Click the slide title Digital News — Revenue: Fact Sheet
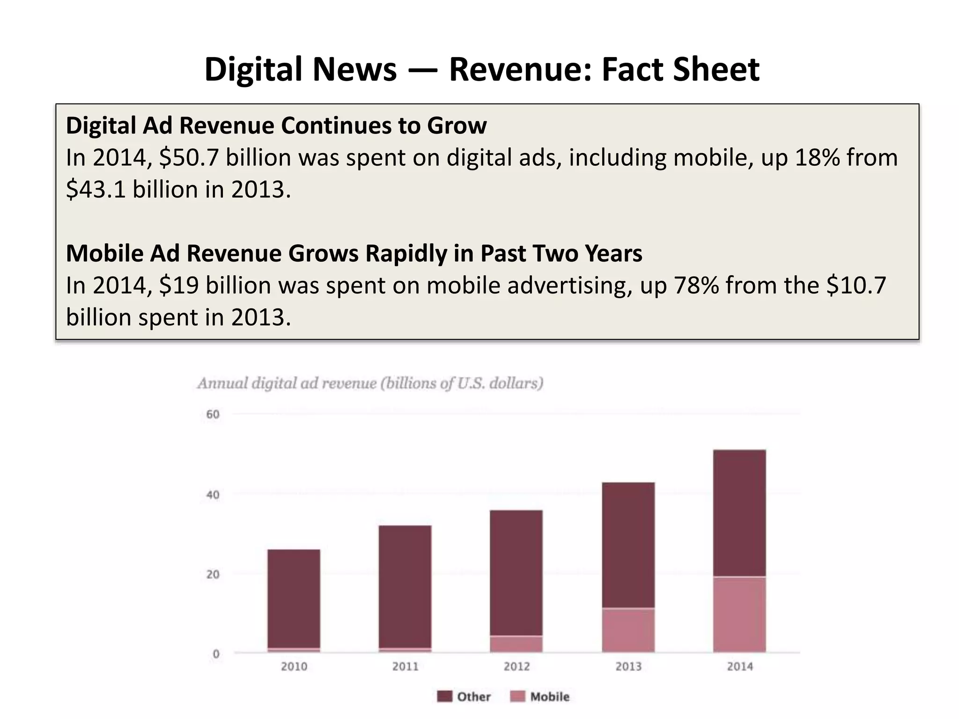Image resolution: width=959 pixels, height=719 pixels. (481, 69)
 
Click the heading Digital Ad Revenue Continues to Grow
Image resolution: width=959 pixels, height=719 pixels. (276, 125)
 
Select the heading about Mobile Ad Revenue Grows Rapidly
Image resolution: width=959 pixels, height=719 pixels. (354, 253)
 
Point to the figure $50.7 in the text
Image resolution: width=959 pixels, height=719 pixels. (189, 157)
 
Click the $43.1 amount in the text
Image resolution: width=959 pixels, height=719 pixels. (96, 190)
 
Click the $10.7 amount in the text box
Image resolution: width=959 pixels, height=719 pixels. (856, 285)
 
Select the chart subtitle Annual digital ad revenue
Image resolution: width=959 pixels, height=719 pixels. (370, 383)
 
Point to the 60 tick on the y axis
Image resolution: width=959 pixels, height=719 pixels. (213, 414)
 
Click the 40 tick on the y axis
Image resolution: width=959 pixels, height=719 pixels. (213, 495)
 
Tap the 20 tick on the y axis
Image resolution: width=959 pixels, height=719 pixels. (213, 574)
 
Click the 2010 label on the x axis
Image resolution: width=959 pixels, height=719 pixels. (294, 666)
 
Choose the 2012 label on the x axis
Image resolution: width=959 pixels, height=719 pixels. (516, 666)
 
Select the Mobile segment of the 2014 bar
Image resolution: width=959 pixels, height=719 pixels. (739, 614)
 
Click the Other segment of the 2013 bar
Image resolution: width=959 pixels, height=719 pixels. (628, 545)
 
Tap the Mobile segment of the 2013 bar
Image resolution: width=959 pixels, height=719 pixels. (628, 630)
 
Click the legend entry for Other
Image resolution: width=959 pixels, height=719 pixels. (464, 697)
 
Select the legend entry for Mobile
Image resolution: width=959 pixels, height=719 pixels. (540, 697)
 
